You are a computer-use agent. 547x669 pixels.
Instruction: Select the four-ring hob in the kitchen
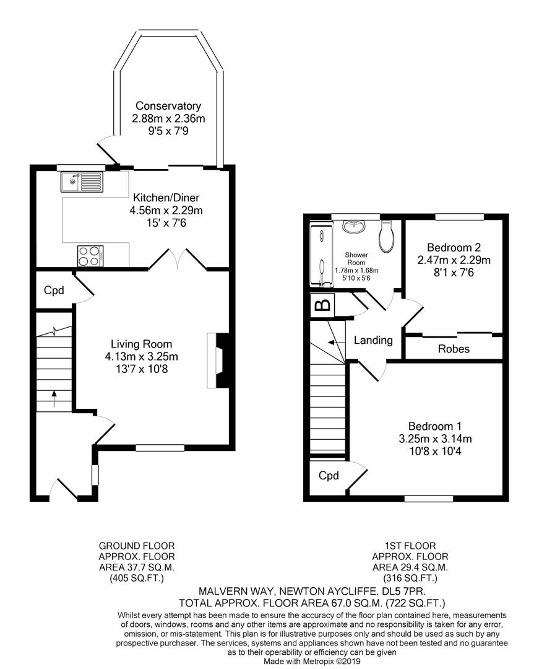(x=90, y=256)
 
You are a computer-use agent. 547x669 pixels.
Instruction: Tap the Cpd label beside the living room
(x=54, y=291)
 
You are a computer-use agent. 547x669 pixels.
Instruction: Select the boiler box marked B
(x=322, y=305)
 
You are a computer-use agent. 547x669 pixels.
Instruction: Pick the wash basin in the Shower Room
(x=354, y=227)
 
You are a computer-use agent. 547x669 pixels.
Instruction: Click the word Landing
(x=373, y=340)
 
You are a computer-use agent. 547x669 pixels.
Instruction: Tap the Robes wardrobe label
(x=454, y=349)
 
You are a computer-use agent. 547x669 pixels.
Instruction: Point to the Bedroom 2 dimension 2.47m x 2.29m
(x=454, y=260)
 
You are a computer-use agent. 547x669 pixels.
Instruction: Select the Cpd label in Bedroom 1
(x=329, y=476)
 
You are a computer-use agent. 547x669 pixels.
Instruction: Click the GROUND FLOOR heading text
(x=136, y=546)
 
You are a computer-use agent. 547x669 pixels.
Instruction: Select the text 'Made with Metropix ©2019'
(x=312, y=661)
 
